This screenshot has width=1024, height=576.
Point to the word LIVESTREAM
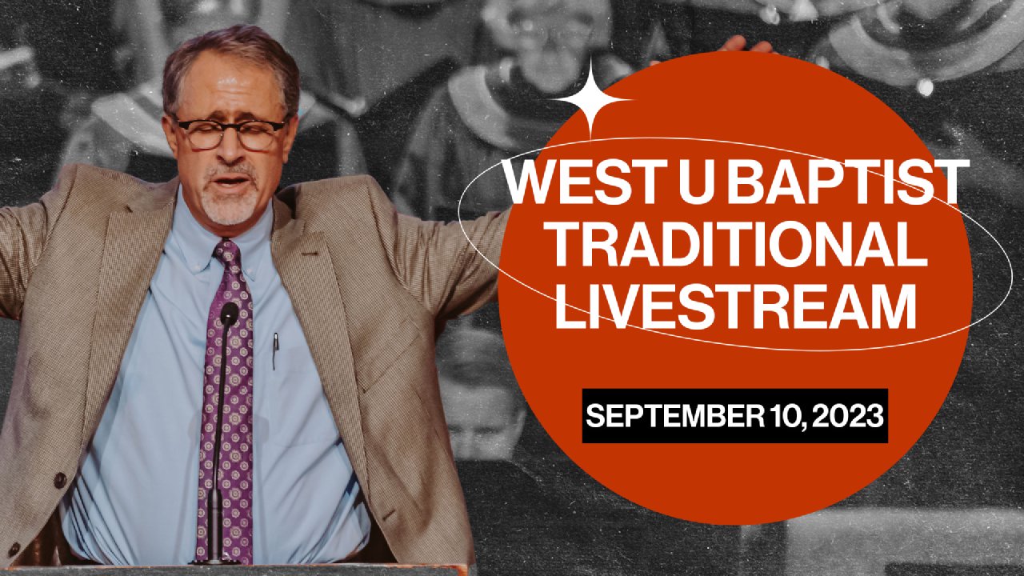coord(735,306)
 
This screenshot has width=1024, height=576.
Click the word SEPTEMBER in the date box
coord(674,415)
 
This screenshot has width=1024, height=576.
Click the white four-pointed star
coord(590,98)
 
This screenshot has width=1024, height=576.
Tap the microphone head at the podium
coord(229,313)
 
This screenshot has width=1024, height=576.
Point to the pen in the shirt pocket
coord(275,350)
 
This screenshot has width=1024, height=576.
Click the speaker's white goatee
coord(230,203)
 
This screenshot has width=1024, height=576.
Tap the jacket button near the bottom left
coord(60,480)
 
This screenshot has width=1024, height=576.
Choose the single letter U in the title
coord(698,182)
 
